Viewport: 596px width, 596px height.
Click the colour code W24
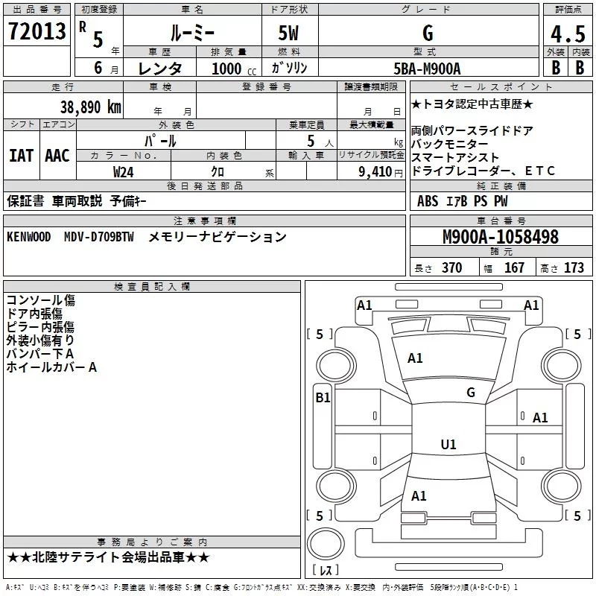(124, 171)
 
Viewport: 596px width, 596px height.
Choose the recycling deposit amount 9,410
(375, 171)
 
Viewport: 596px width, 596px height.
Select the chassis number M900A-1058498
(501, 237)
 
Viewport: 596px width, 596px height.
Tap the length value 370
(451, 268)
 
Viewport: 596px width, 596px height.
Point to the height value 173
(574, 268)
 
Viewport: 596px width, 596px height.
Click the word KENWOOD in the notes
(29, 237)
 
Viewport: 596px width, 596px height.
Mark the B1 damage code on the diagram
(323, 398)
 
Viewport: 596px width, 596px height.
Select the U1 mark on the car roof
(448, 445)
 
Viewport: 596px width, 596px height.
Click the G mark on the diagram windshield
(470, 393)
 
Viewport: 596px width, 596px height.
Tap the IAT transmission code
(21, 156)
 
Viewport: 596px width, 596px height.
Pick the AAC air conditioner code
(57, 156)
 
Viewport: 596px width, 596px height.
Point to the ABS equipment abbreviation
(428, 201)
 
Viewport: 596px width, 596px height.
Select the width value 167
(514, 268)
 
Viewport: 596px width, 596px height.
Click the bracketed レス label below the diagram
(325, 571)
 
